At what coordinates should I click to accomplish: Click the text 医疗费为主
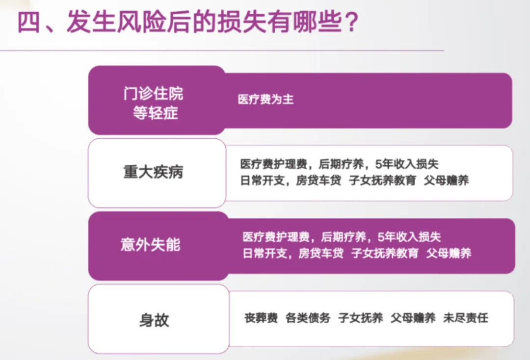(x=265, y=99)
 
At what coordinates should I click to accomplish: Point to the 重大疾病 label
(x=153, y=173)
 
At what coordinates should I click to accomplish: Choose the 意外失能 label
(x=151, y=245)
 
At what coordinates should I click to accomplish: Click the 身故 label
(x=154, y=320)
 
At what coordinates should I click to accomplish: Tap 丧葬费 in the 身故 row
(x=261, y=318)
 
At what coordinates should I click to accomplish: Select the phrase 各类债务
(x=308, y=318)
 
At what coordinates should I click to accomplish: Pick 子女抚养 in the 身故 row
(x=361, y=318)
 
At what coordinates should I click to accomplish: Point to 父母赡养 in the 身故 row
(x=413, y=318)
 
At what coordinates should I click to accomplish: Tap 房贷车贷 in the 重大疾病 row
(x=318, y=180)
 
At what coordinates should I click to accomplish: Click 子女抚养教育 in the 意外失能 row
(x=385, y=254)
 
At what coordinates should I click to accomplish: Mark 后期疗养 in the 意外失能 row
(x=344, y=237)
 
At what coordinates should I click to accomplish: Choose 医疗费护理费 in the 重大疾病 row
(x=273, y=164)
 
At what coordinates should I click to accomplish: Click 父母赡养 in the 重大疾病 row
(x=446, y=180)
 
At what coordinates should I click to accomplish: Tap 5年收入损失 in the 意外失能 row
(x=412, y=237)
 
